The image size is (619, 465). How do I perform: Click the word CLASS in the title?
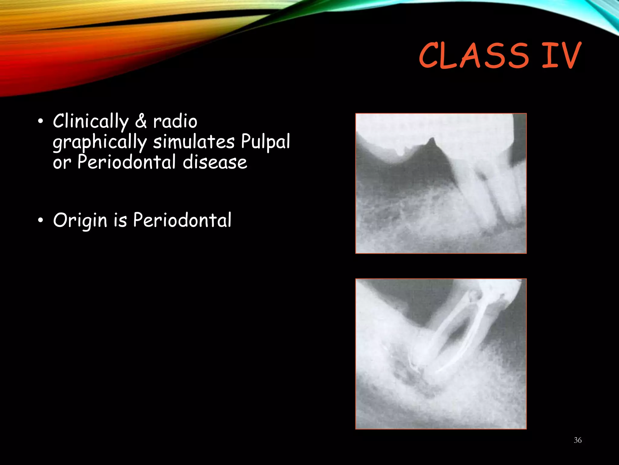(x=474, y=56)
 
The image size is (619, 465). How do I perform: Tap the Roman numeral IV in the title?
(x=562, y=56)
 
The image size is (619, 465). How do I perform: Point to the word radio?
(x=175, y=121)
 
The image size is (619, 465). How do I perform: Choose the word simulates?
(x=193, y=142)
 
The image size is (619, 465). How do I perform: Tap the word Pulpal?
(x=265, y=142)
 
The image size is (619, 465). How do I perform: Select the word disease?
(x=215, y=162)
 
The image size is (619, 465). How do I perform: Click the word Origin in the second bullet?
(x=80, y=220)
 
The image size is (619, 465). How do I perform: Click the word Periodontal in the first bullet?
(x=127, y=162)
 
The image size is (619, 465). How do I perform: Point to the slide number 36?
(x=578, y=440)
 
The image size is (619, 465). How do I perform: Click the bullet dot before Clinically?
(x=41, y=122)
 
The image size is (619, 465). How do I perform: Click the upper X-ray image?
(x=441, y=183)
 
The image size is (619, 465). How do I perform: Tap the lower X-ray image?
(x=441, y=354)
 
